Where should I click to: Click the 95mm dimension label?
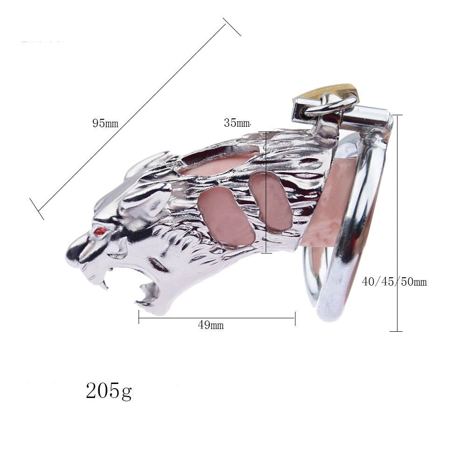pos(105,123)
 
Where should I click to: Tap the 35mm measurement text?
pos(237,123)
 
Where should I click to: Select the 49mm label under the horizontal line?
pos(211,325)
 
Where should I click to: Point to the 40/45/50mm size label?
pos(394,281)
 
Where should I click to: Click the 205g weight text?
pos(109,391)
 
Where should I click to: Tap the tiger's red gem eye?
pos(99,231)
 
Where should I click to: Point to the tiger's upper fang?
pos(103,281)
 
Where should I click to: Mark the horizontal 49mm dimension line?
pos(217,318)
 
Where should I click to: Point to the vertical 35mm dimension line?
pos(266,191)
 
